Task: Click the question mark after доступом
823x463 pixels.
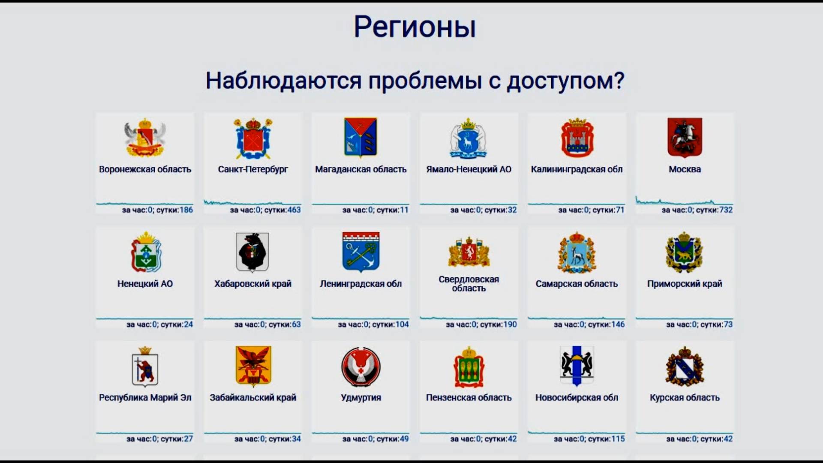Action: point(619,80)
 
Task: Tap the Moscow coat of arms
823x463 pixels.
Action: point(685,138)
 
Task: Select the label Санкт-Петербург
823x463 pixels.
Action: point(253,169)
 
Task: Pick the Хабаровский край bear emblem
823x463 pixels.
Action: point(252,252)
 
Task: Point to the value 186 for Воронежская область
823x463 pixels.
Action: point(186,210)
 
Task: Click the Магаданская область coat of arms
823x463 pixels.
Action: point(360,138)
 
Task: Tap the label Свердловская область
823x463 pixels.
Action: point(469,283)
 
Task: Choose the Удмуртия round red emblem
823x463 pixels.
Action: point(360,367)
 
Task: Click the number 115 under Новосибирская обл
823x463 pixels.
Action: point(618,439)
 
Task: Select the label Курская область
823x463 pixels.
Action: point(685,398)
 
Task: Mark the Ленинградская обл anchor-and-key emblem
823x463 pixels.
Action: point(360,252)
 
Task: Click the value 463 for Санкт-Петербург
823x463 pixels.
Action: point(294,210)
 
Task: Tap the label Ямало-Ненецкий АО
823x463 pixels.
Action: point(469,169)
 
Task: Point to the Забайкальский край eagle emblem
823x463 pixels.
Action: point(253,367)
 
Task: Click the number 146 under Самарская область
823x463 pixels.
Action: point(618,325)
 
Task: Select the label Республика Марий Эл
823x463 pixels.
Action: point(145,398)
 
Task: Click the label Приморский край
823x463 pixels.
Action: point(685,284)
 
